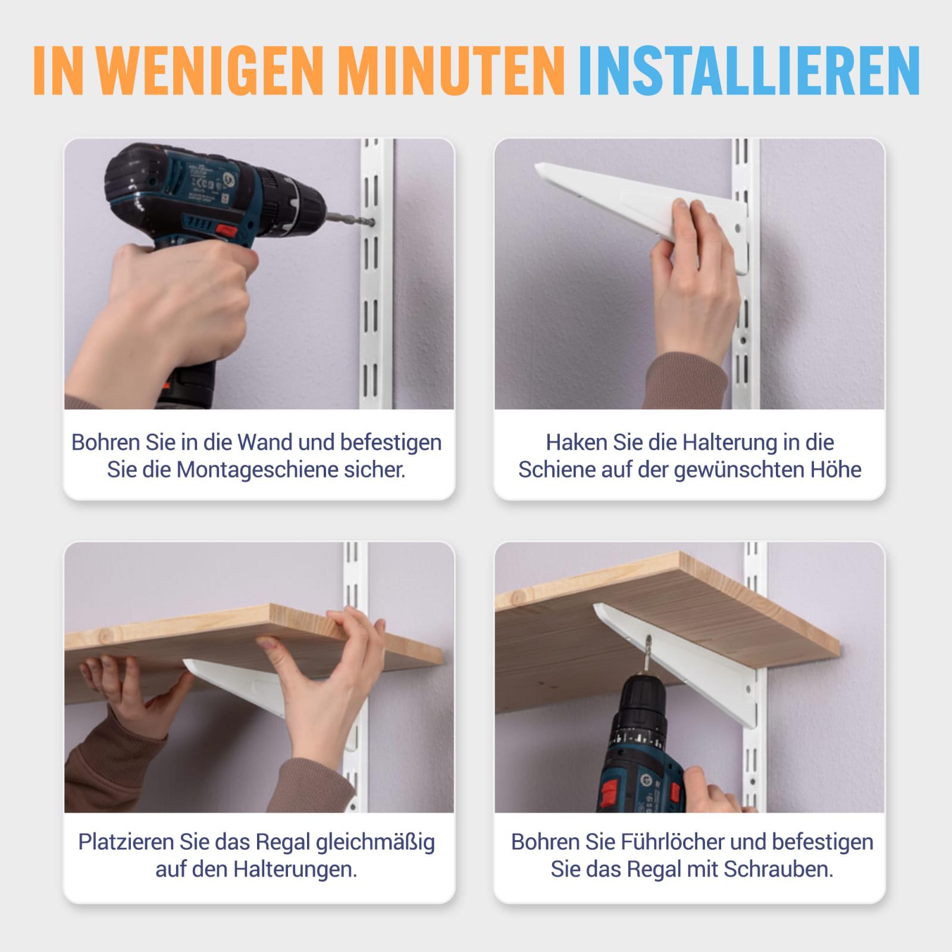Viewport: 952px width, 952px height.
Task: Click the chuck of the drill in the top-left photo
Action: click(306, 214)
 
